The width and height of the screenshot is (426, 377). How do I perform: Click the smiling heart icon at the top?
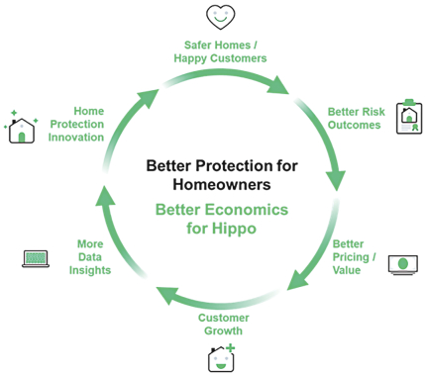tap(221, 16)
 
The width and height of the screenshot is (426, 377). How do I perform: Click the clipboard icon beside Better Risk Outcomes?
tap(408, 118)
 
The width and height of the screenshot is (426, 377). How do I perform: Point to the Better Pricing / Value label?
tap(348, 256)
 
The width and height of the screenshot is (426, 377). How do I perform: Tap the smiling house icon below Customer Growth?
tap(222, 358)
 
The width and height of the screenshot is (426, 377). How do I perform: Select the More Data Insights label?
tap(90, 257)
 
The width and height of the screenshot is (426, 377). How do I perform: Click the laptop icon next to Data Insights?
tap(36, 259)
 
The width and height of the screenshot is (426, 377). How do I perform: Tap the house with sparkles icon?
tap(21, 129)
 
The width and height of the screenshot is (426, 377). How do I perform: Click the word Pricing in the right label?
tap(347, 256)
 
